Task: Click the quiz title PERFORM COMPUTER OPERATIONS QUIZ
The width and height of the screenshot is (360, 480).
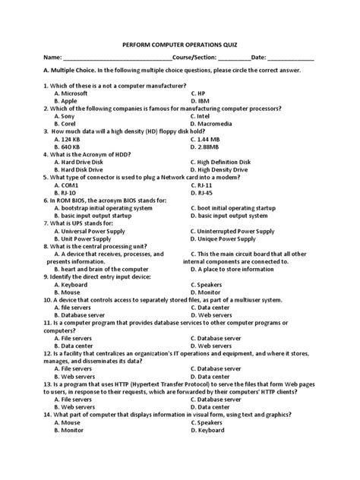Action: click(179, 44)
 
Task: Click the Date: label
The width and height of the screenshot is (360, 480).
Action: click(258, 58)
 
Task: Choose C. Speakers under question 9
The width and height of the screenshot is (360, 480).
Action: click(212, 284)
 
